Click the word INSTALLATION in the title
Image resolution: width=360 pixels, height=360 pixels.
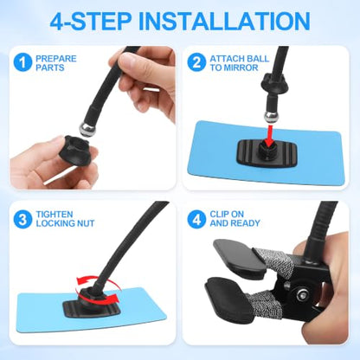coord(224,21)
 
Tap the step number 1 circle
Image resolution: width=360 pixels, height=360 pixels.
coord(22,62)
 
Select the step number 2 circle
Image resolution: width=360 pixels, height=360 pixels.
coord(196,62)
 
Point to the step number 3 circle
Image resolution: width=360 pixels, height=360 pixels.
coord(22,219)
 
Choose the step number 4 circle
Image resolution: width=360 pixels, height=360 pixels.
coord(196,219)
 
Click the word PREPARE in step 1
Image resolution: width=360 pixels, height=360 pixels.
coord(56,59)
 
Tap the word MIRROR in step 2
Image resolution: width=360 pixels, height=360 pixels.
coord(241,67)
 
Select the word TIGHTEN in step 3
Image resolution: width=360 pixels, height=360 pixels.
coord(55,215)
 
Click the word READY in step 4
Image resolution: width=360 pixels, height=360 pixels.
coord(246,223)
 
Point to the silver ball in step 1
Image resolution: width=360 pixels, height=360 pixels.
coord(87,130)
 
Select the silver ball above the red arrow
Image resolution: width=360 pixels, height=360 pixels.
coord(271,117)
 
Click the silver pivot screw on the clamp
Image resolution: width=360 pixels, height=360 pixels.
coord(302,295)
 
